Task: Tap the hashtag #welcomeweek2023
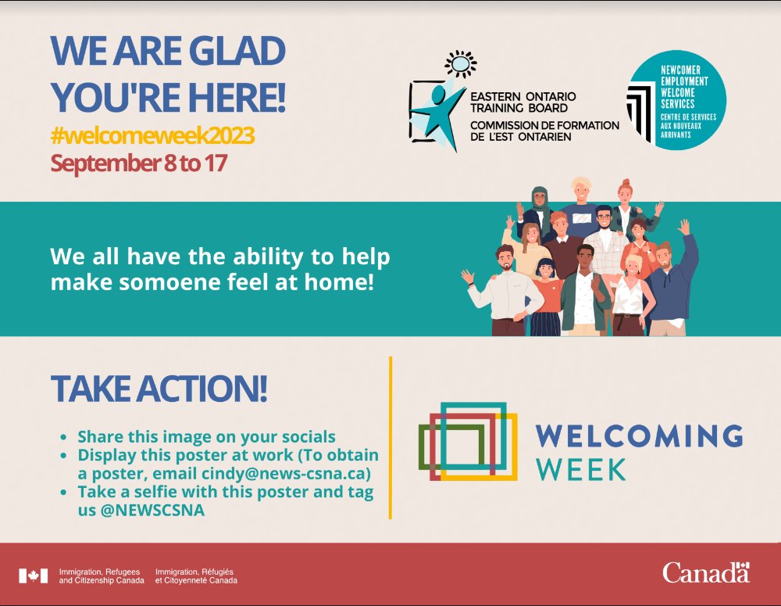(152, 136)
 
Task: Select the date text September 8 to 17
(138, 163)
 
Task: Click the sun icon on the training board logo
(461, 63)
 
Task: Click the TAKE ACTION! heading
(159, 389)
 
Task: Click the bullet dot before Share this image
(63, 438)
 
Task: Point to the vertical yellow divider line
(390, 438)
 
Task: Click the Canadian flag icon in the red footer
(33, 576)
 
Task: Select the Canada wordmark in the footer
(705, 572)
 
